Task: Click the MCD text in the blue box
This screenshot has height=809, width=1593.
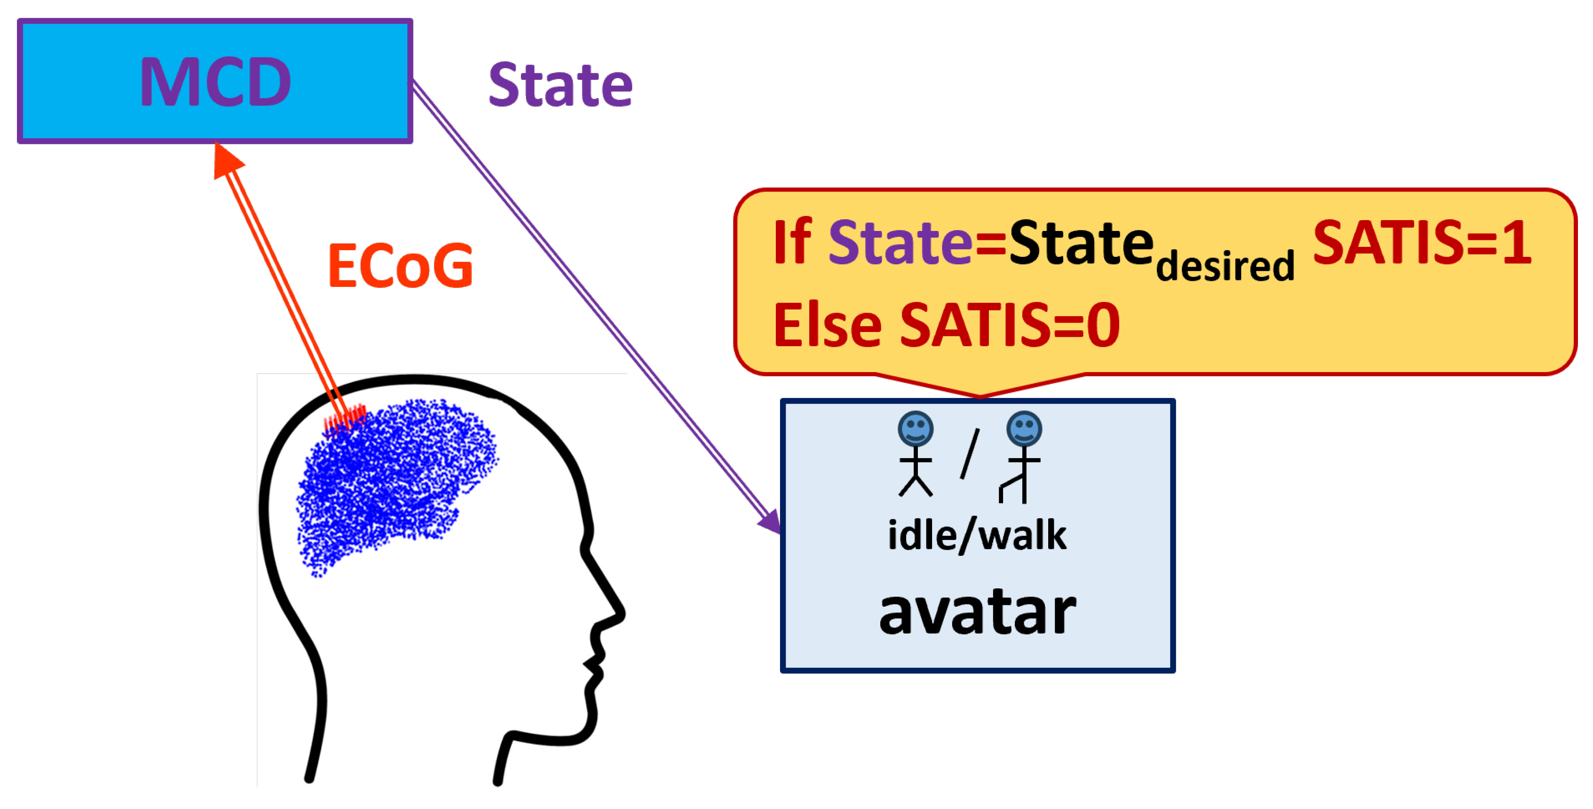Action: click(215, 81)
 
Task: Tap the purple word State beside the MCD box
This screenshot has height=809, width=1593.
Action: click(560, 85)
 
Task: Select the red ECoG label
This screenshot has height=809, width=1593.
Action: click(400, 266)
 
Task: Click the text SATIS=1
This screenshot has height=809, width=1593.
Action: click(1422, 243)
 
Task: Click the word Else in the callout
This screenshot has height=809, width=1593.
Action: click(828, 325)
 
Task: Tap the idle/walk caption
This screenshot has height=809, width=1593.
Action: click(977, 535)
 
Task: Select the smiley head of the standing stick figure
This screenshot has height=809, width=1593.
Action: click(915, 428)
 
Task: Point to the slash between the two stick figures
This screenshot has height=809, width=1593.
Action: click(970, 453)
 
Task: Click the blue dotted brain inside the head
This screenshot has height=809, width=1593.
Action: click(396, 482)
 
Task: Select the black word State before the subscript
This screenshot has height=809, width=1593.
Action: click(1081, 243)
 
